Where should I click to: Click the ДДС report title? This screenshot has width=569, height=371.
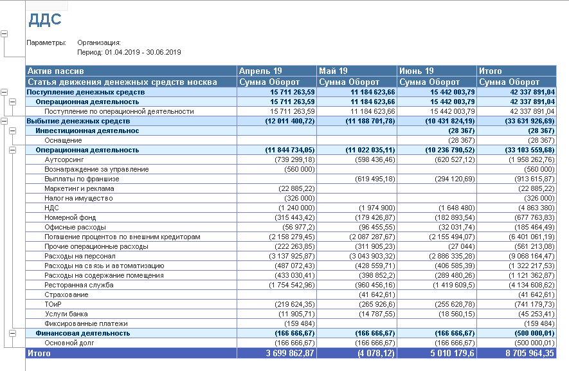pyautogui.click(x=44, y=19)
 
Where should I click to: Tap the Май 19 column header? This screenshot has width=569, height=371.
pyautogui.click(x=334, y=71)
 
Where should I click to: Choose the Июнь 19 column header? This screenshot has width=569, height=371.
pyautogui.click(x=416, y=71)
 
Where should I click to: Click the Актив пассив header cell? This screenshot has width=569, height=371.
pyautogui.click(x=56, y=71)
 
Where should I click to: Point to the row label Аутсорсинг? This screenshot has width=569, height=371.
pyautogui.click(x=64, y=159)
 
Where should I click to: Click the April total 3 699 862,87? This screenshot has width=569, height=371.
pyautogui.click(x=287, y=353)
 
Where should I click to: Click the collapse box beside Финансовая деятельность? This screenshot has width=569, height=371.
pyautogui.click(x=12, y=333)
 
